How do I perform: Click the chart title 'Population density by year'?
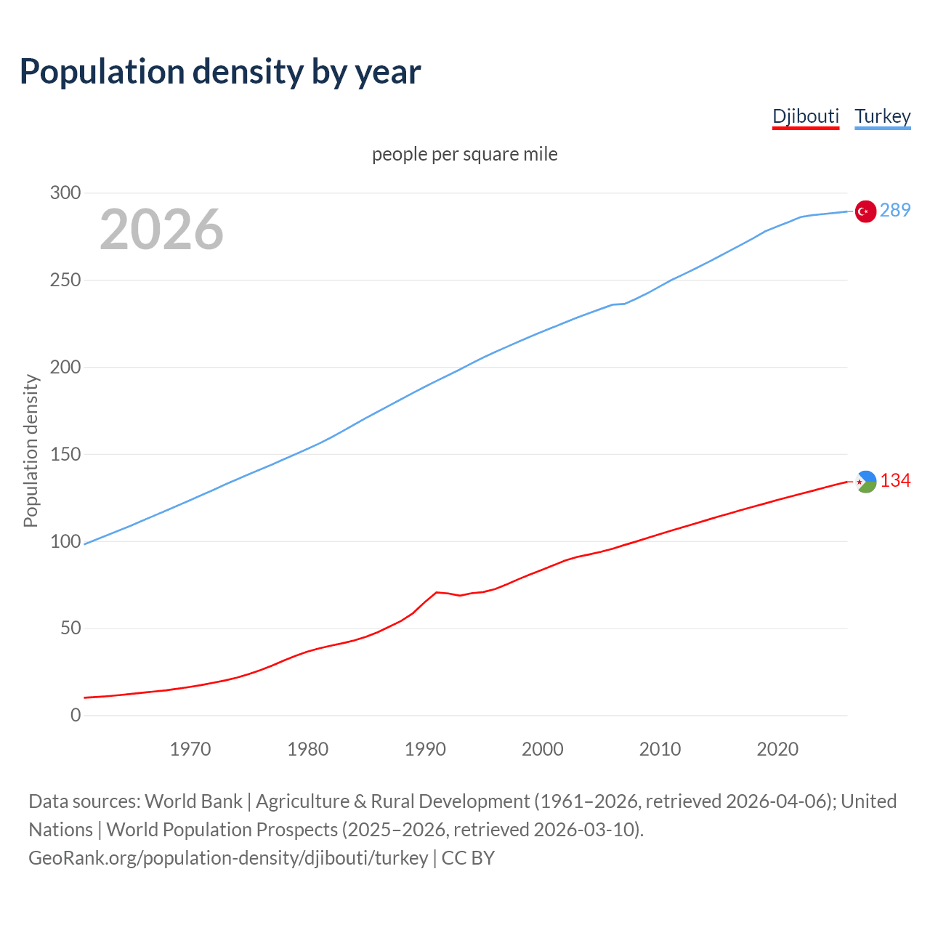tap(220, 72)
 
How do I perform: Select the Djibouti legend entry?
tap(805, 116)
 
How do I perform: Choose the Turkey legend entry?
tap(882, 116)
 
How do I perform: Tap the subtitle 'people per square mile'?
tap(464, 154)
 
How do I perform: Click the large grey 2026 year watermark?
tap(161, 230)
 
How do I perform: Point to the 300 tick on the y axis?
tap(65, 193)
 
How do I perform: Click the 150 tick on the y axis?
tap(65, 454)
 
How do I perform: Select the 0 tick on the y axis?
tap(76, 715)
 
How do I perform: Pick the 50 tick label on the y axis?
tap(70, 628)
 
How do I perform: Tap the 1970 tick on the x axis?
tap(190, 748)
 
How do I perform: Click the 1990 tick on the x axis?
tap(425, 748)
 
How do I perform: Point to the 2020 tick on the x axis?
tap(777, 748)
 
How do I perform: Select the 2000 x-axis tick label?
tap(543, 748)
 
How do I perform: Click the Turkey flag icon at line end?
tap(865, 211)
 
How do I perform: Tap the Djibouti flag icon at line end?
tap(865, 481)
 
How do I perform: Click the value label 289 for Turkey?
tap(894, 210)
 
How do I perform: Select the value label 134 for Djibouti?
tap(895, 480)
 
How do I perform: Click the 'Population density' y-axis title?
tap(31, 450)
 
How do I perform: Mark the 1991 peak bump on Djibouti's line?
tap(436, 592)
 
